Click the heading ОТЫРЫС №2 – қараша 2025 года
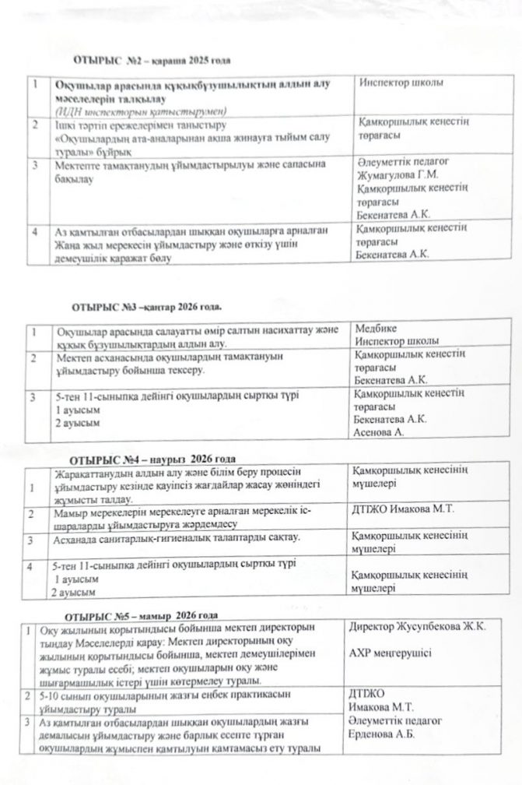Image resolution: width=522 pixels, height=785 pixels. [152, 60]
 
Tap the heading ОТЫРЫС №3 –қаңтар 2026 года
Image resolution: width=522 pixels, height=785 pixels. [147, 308]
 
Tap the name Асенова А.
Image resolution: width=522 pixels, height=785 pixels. [380, 431]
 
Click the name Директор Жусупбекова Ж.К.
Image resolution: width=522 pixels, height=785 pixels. [419, 628]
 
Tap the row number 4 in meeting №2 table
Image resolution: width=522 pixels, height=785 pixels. [36, 231]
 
